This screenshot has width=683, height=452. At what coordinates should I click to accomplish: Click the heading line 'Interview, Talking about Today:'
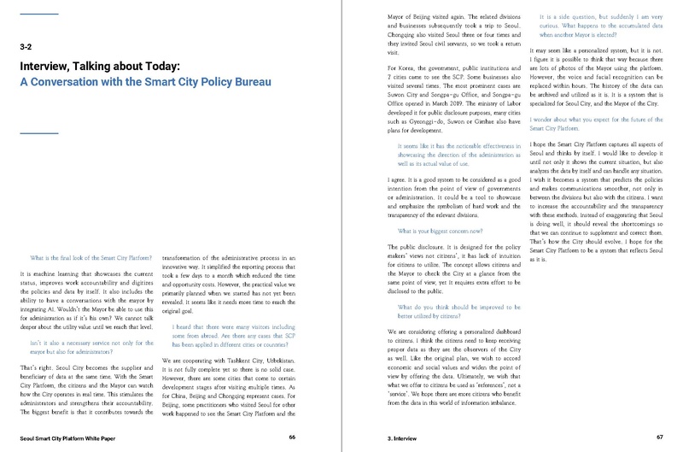(113, 67)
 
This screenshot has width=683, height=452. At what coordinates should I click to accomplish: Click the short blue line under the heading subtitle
(38, 132)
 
